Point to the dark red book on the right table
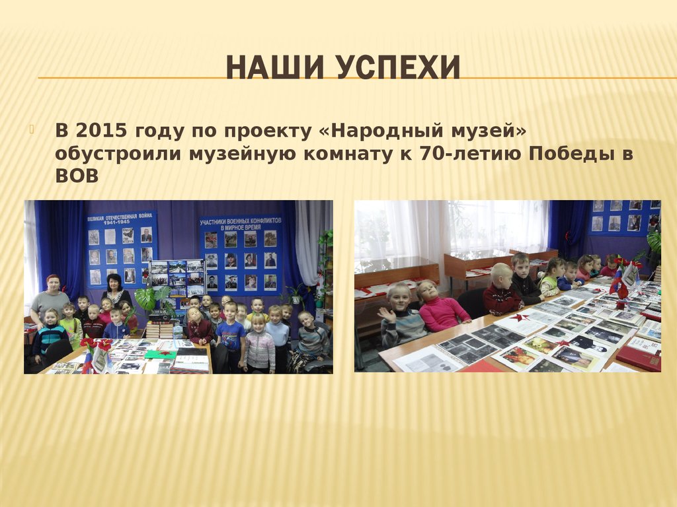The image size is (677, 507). point(637,358)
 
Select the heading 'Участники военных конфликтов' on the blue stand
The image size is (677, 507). point(241,222)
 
